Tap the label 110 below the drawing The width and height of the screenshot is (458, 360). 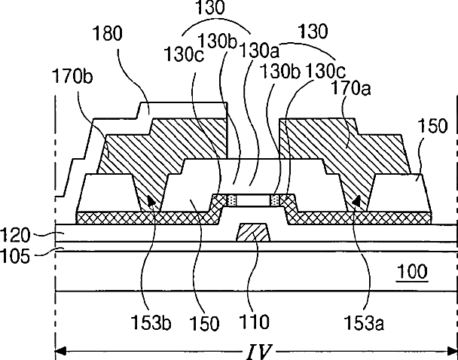point(254,325)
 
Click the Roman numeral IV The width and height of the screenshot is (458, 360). point(258,351)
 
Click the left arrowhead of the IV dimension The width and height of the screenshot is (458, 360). point(60,351)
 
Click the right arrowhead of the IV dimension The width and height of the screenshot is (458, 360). point(453,351)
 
